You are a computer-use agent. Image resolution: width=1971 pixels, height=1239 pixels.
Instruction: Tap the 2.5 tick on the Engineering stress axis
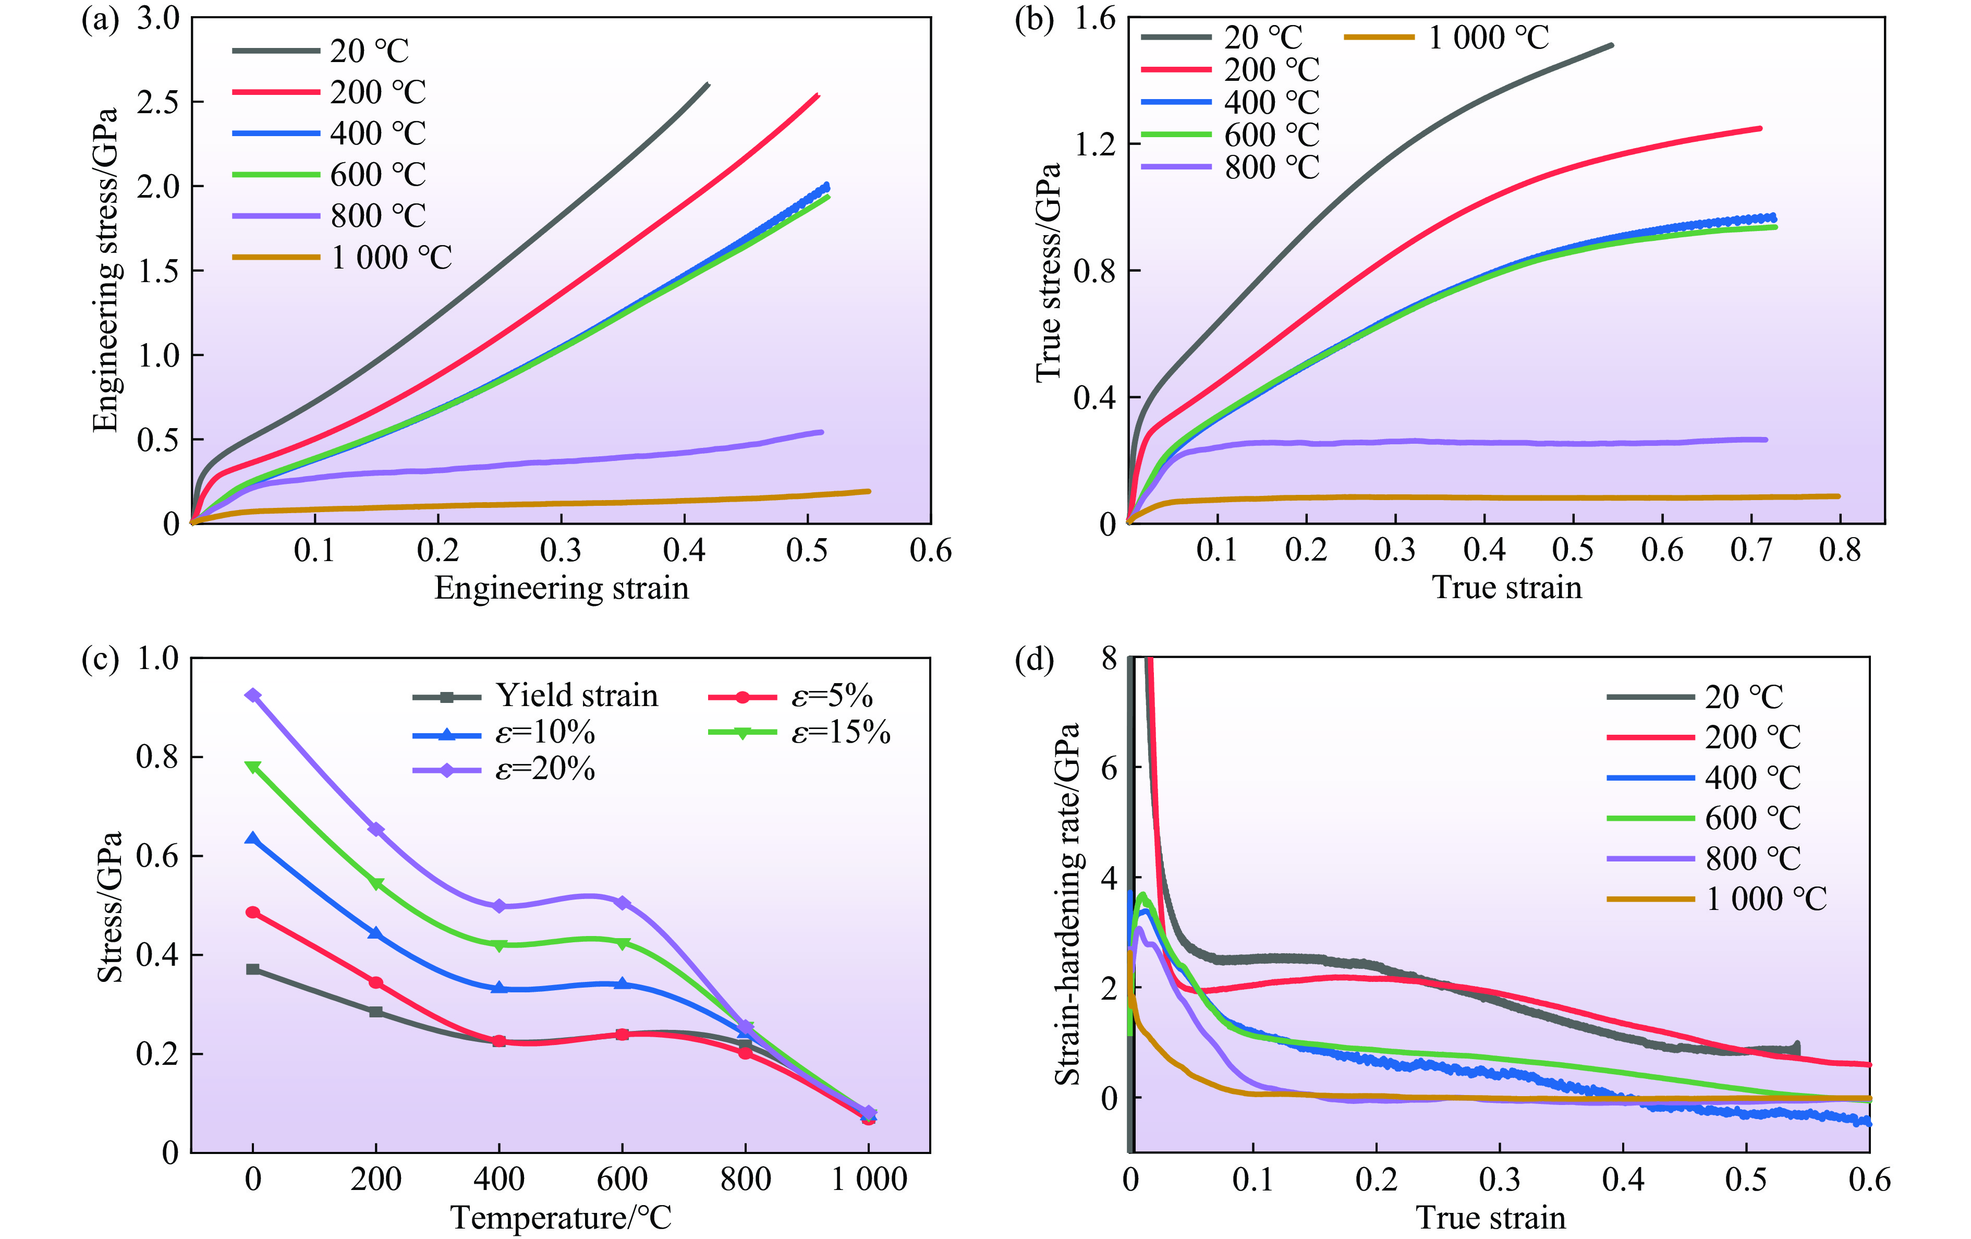point(159,102)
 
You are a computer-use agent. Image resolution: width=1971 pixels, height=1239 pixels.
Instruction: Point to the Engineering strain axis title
point(562,588)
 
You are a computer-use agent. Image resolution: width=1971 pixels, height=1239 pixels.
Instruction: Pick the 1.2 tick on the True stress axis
point(1097,144)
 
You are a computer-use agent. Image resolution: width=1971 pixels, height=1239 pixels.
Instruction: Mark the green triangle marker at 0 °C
point(253,767)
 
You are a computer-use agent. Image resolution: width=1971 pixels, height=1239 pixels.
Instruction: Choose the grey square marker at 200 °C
point(376,1012)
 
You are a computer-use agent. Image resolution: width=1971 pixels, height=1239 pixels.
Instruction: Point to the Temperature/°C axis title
point(562,1218)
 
